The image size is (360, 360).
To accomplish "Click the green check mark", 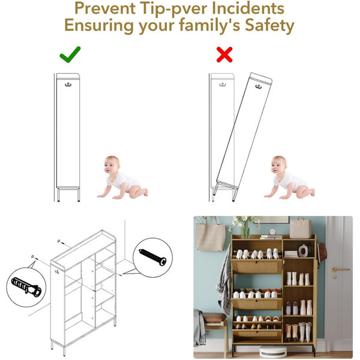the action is pyautogui.click(x=70, y=55).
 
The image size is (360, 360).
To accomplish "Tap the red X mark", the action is pyautogui.click(x=224, y=55).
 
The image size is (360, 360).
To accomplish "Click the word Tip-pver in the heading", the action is pyautogui.click(x=173, y=8).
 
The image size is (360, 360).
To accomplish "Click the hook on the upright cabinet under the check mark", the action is pyautogui.click(x=68, y=85).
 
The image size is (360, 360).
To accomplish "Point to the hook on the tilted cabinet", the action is pyautogui.click(x=259, y=86).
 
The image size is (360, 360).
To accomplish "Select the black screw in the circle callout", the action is pyautogui.click(x=152, y=257).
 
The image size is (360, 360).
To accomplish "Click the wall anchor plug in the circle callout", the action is pyautogui.click(x=26, y=287).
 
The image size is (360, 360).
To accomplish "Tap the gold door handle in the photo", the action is pyautogui.click(x=340, y=269).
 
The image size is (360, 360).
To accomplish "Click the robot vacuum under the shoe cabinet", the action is pyautogui.click(x=273, y=352).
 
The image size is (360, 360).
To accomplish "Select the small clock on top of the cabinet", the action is pyautogui.click(x=272, y=232).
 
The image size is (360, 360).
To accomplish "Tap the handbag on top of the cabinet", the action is pyautogui.click(x=301, y=227).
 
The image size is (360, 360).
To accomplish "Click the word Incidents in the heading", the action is pyautogui.click(x=248, y=8).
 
